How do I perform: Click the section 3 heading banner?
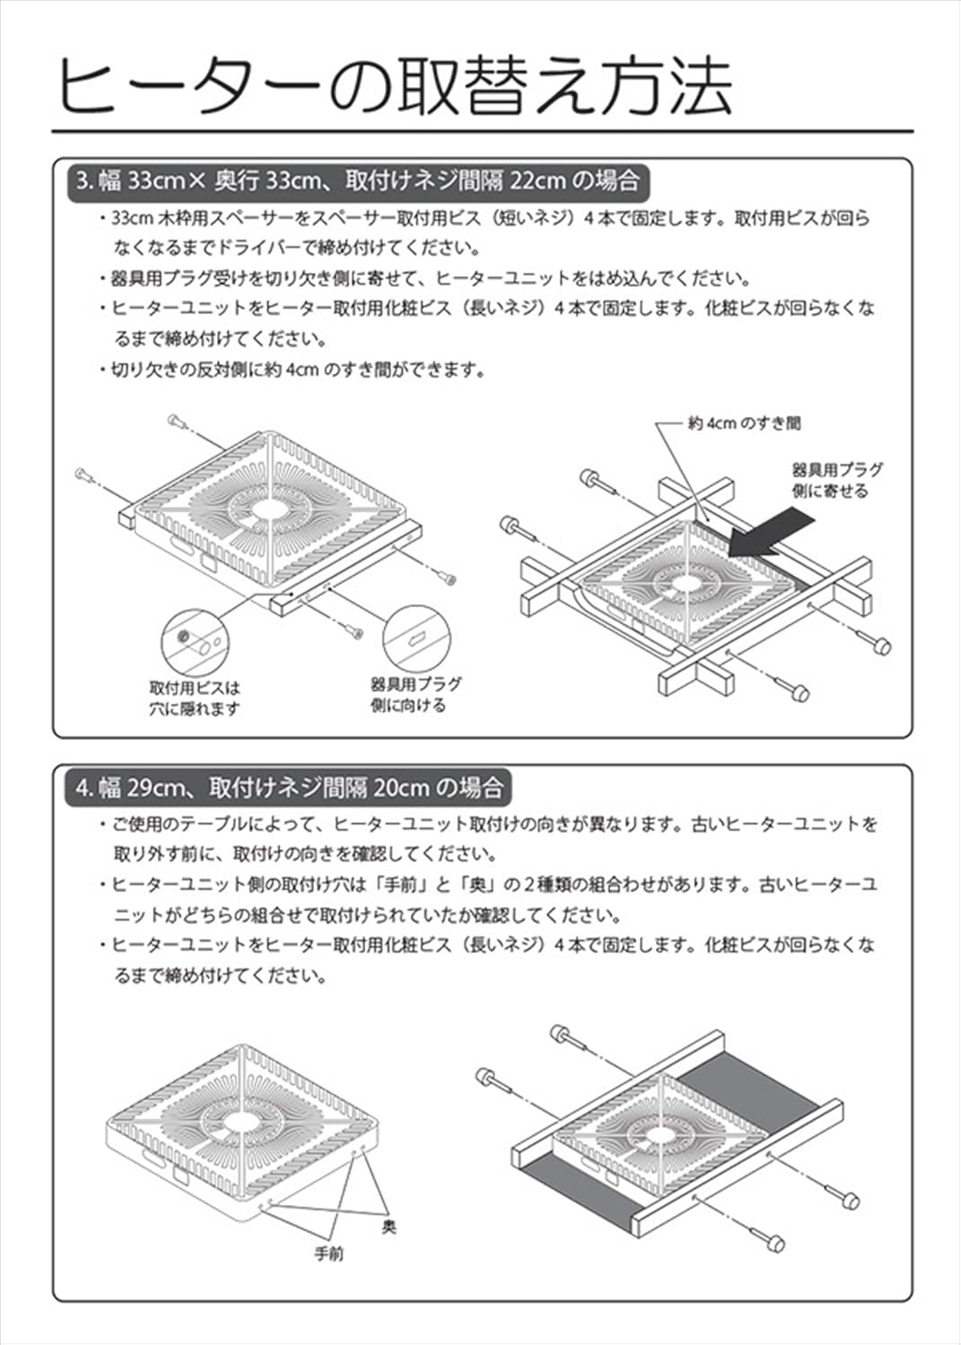point(356,181)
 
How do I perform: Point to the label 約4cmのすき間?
point(744,423)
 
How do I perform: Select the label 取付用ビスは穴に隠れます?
point(195,699)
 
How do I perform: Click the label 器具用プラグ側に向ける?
point(415,694)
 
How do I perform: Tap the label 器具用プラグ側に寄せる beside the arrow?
point(837,480)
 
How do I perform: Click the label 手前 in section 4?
point(329,1254)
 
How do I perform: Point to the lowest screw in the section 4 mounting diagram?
point(773,1243)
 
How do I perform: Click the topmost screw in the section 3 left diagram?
point(175,421)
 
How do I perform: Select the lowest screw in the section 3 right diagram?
point(797,691)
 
